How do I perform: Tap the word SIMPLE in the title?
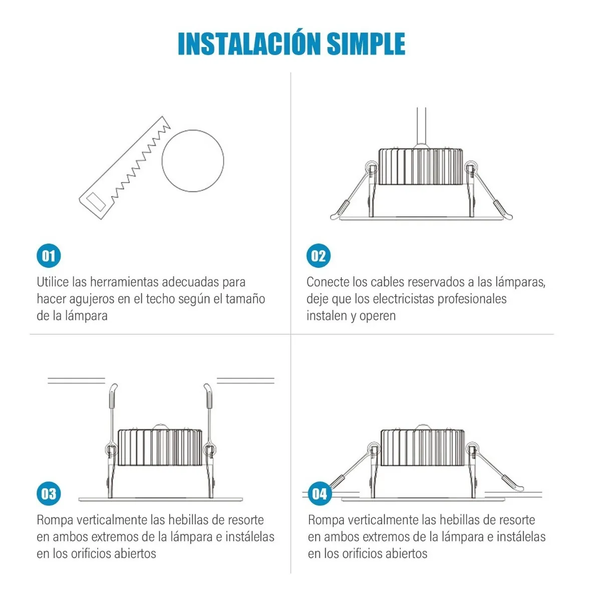tap(366, 44)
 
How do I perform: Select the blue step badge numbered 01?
tap(49, 256)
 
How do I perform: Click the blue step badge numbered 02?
tap(319, 256)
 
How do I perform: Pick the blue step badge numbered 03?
tap(49, 494)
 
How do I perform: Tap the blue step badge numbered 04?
tap(320, 494)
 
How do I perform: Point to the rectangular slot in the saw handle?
tap(96, 202)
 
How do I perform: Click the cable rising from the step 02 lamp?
tap(421, 126)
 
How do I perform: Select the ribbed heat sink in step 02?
tap(421, 167)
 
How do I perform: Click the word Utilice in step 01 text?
tap(53, 282)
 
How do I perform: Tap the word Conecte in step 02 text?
tap(328, 282)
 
